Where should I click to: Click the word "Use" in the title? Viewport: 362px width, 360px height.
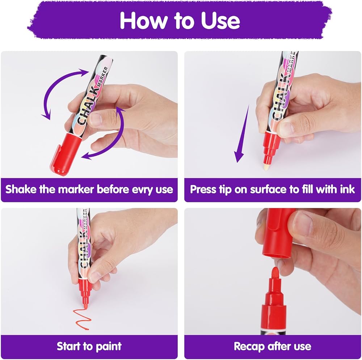[220, 21]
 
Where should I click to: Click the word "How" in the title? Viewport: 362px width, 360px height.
[143, 21]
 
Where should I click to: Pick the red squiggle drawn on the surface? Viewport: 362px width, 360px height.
[82, 318]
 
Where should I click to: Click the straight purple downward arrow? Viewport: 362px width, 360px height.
[242, 134]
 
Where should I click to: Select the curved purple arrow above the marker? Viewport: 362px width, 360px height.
[59, 90]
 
